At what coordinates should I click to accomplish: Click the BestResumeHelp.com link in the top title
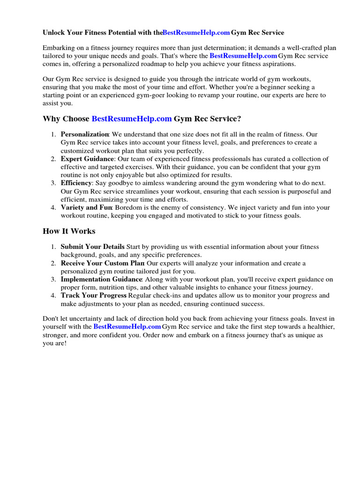point(196,32)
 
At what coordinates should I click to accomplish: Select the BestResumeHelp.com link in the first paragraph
point(243,56)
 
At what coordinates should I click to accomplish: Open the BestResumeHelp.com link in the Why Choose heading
point(132,119)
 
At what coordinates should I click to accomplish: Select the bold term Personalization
point(85,135)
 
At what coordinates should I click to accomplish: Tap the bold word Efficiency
point(76,183)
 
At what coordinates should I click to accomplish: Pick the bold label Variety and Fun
point(86,207)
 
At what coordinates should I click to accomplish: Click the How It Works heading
point(69,231)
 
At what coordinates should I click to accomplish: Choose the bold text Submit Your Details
point(92,247)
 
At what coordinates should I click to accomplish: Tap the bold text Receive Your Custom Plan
point(102,263)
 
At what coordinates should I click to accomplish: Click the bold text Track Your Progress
point(94,295)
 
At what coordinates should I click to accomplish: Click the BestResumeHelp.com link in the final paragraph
point(127,326)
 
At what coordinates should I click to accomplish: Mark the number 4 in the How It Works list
point(53,295)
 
